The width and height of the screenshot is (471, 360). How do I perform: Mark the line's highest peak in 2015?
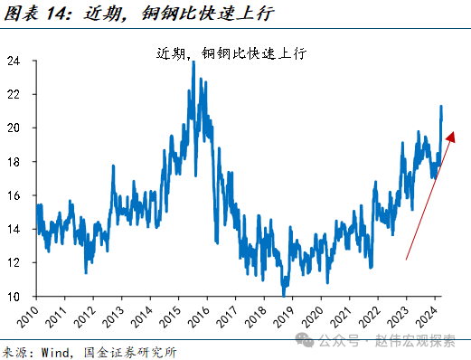point(193,62)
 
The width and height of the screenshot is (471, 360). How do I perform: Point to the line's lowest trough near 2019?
point(284,294)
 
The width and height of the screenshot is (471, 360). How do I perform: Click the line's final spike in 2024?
point(440,107)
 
